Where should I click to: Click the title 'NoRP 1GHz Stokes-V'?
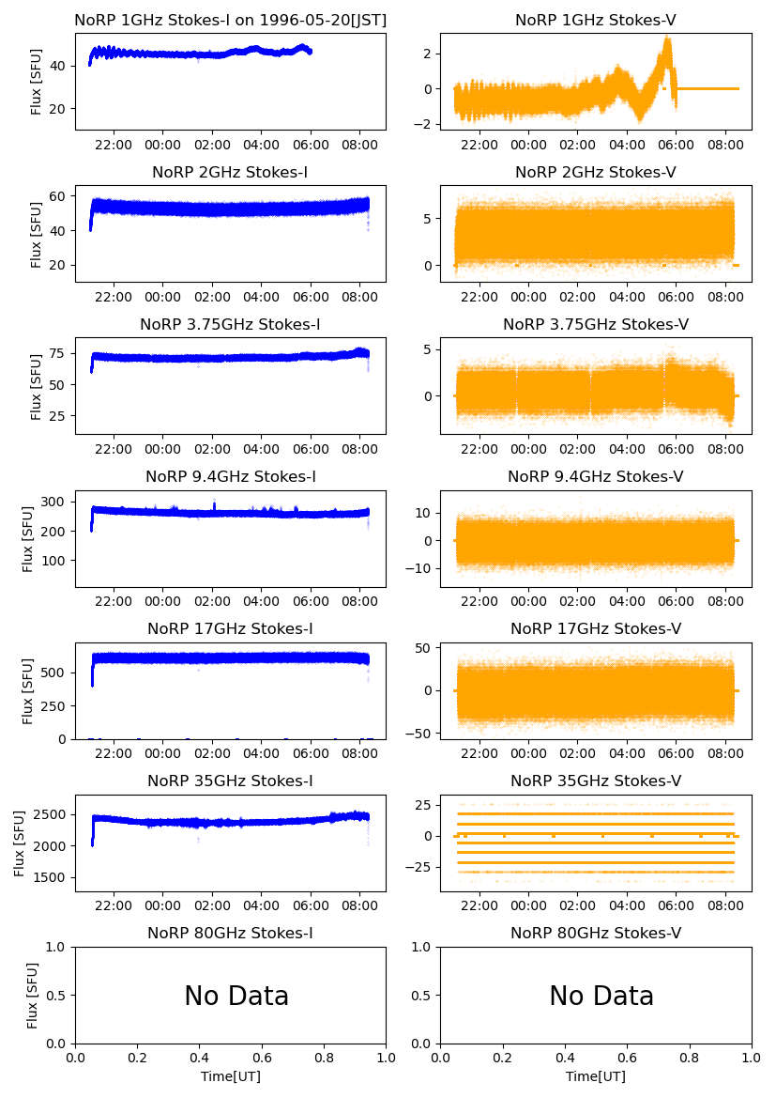tap(596, 21)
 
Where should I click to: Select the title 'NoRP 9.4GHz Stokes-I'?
tap(231, 477)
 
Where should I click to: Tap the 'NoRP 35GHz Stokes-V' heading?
tap(596, 781)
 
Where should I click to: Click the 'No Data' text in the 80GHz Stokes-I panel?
tap(236, 997)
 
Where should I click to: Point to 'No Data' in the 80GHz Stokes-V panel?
tap(601, 997)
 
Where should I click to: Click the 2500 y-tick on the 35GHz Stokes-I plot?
tap(54, 814)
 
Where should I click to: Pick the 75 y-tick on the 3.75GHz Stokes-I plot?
tap(62, 354)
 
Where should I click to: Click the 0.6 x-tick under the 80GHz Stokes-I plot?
tap(262, 1059)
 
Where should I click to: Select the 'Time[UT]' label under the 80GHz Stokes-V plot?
tap(596, 1076)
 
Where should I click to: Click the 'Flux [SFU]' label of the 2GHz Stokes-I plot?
tap(37, 233)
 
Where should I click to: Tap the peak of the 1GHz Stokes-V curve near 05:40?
tap(667, 39)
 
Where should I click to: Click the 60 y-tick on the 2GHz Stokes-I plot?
tap(62, 196)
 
